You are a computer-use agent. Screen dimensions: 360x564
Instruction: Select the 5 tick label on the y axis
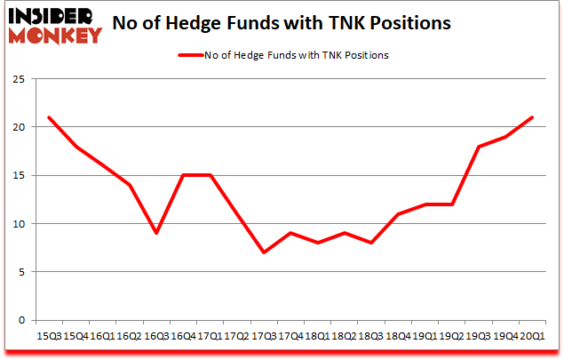(x=20, y=272)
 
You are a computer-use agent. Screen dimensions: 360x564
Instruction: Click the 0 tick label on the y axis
(x=20, y=320)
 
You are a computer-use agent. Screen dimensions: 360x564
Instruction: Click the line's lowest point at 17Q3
(x=264, y=252)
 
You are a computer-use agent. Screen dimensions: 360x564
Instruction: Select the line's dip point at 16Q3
(x=156, y=233)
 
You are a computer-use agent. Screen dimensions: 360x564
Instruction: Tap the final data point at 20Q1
(x=531, y=117)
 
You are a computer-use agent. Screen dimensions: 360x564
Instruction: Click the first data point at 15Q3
(x=50, y=117)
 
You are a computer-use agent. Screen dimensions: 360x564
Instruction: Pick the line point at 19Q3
(x=478, y=147)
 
